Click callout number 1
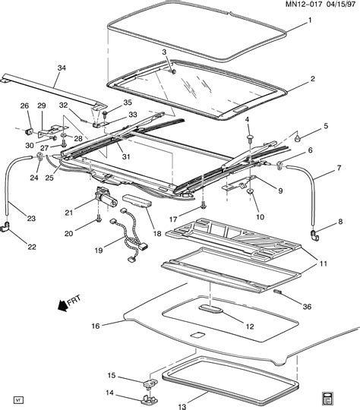coord(308,19)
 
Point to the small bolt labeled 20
coord(99,220)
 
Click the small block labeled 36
coord(278,292)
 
